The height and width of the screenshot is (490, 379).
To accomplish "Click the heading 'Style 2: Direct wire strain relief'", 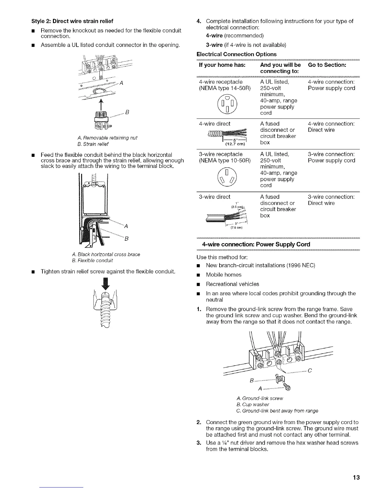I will click(x=72, y=21).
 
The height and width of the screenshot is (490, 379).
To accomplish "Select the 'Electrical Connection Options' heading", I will click(x=237, y=54).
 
